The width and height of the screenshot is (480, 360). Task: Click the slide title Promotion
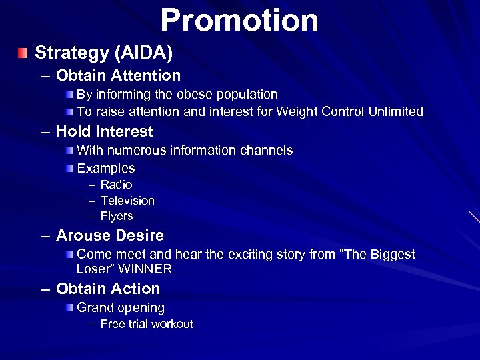pos(239,20)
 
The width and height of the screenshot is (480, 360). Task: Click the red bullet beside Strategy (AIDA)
pos(24,52)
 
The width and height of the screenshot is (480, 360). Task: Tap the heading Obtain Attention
pos(118,76)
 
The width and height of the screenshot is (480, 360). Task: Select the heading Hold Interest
pos(105,132)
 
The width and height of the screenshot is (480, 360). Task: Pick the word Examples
pos(106,168)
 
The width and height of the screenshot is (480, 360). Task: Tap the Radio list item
pos(116,185)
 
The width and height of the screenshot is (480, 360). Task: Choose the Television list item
pos(127,201)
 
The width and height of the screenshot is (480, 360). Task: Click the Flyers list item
pos(117,216)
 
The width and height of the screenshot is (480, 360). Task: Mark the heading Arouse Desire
pos(110,236)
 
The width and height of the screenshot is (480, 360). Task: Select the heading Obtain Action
pos(108,289)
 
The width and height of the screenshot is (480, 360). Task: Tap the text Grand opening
pos(121,308)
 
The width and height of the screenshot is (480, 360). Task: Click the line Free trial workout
pos(147,324)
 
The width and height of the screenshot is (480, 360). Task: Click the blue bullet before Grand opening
pos(70,308)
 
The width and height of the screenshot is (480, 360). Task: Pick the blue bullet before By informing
pos(70,95)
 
